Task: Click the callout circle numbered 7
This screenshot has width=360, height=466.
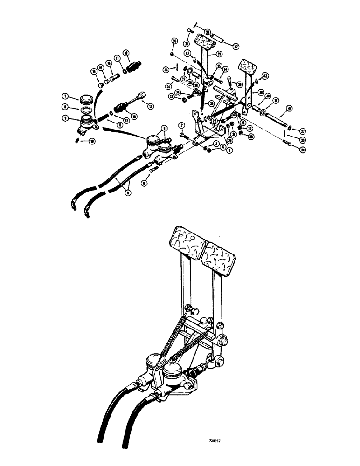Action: pyautogui.click(x=65, y=96)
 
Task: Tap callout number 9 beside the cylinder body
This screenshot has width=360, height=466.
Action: pyautogui.click(x=65, y=118)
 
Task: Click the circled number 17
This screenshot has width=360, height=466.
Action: pyautogui.click(x=118, y=59)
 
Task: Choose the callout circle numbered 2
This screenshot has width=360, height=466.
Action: pyautogui.click(x=182, y=125)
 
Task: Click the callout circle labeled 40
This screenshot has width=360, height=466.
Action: pyautogui.click(x=268, y=96)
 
